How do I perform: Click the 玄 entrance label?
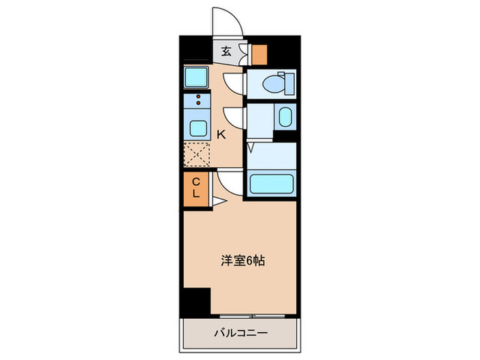click(x=226, y=51)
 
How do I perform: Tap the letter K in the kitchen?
click(x=221, y=134)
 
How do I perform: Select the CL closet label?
click(x=195, y=187)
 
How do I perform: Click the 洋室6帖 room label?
click(x=243, y=260)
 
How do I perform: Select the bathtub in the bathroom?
click(x=272, y=184)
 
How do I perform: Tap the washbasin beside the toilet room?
click(x=285, y=117)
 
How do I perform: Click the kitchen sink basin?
click(x=197, y=128)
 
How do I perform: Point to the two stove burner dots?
click(x=199, y=102)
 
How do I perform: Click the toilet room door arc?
click(x=235, y=82)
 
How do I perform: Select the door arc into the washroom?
click(x=235, y=117)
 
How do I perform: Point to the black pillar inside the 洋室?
click(x=196, y=301)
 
